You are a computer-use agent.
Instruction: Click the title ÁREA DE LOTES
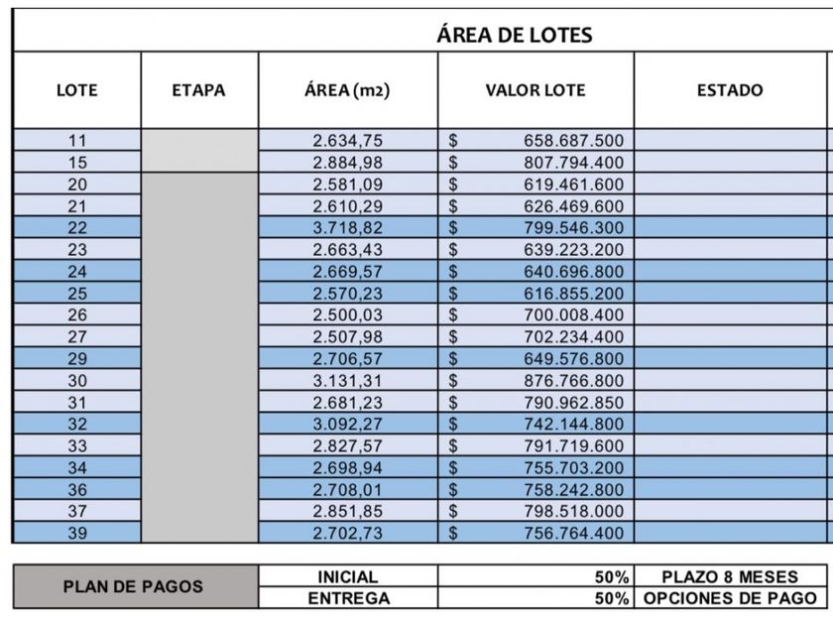pos(515,35)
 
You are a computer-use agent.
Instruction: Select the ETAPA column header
pos(198,90)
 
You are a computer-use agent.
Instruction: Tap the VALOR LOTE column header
pos(535,90)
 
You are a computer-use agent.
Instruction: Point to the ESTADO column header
pos(730,90)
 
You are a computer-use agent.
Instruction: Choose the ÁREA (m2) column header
pos(347,90)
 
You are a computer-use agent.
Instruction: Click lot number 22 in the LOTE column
pos(77,228)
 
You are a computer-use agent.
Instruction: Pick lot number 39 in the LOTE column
pos(77,534)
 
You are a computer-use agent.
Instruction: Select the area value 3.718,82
pos(347,228)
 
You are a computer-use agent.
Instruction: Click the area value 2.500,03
pos(347,315)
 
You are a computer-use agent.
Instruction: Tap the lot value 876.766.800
pos(573,381)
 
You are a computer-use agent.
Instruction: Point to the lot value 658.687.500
pos(573,141)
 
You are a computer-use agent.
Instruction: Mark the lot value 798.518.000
pos(573,512)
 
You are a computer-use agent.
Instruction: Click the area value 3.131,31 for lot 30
pos(347,381)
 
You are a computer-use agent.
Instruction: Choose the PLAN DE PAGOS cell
pos(133,587)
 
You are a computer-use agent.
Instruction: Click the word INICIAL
pos(347,576)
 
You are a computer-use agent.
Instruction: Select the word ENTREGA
pos(347,598)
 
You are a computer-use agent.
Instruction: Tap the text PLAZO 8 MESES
pos(730,576)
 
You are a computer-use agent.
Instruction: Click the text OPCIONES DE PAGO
pos(730,598)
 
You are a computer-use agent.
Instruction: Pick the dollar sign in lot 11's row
pos(453,141)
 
